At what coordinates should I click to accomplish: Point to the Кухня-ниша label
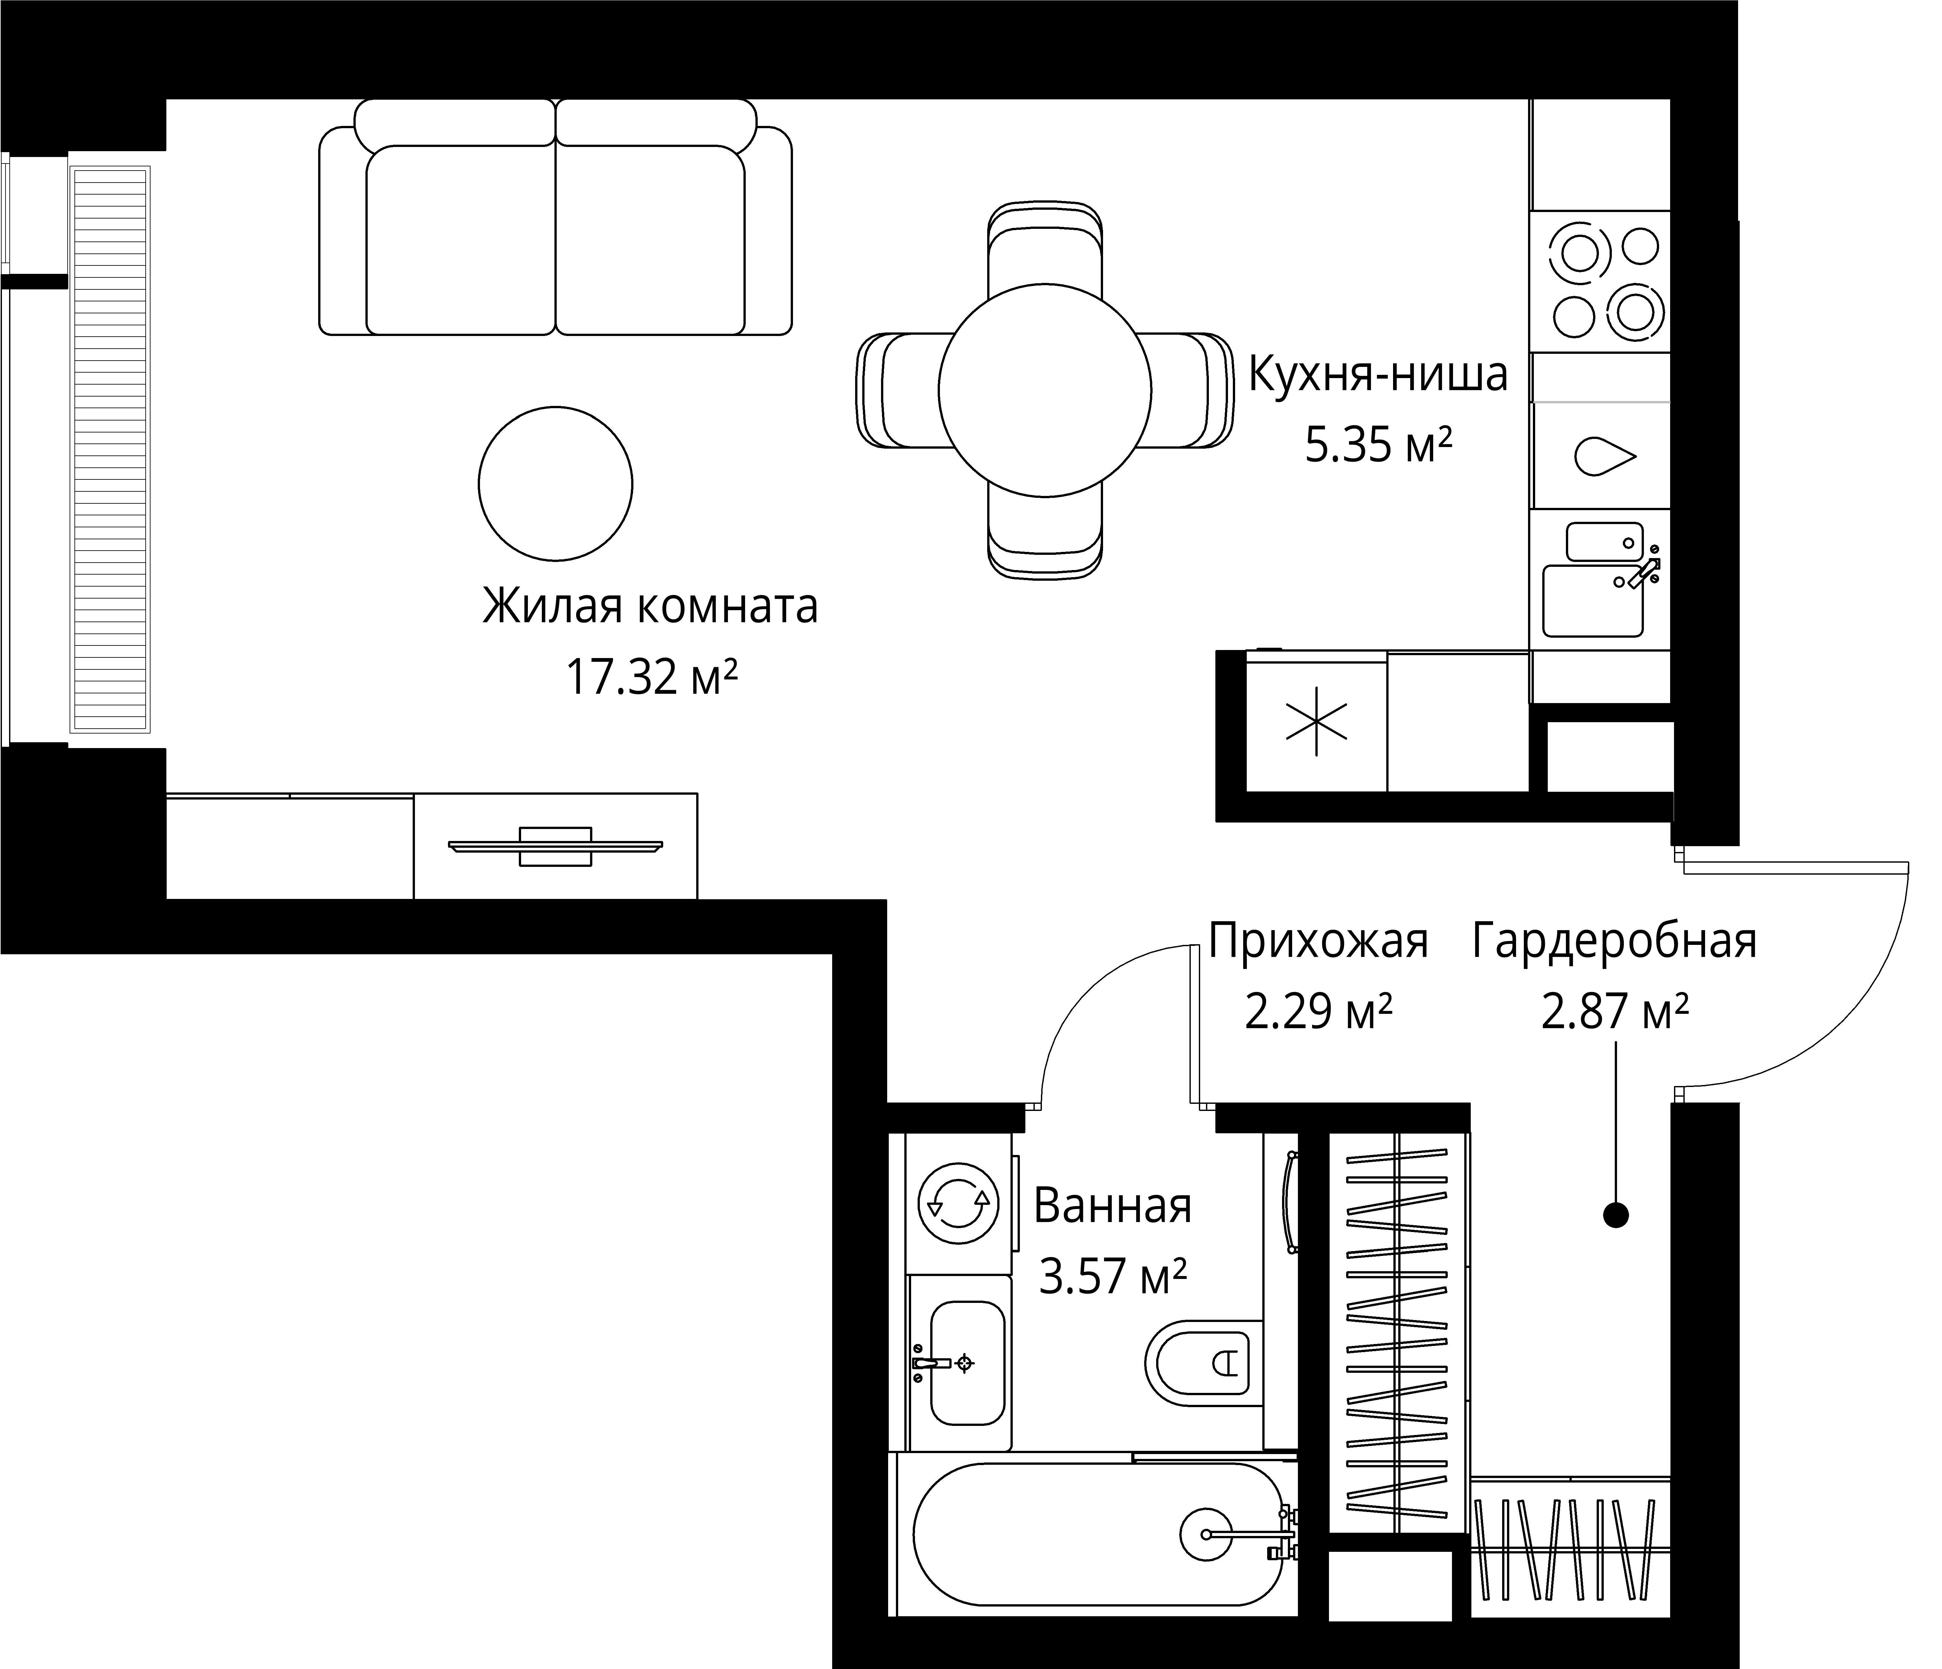1379,375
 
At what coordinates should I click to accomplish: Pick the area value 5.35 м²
1379,446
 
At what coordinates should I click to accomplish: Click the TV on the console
556,846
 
